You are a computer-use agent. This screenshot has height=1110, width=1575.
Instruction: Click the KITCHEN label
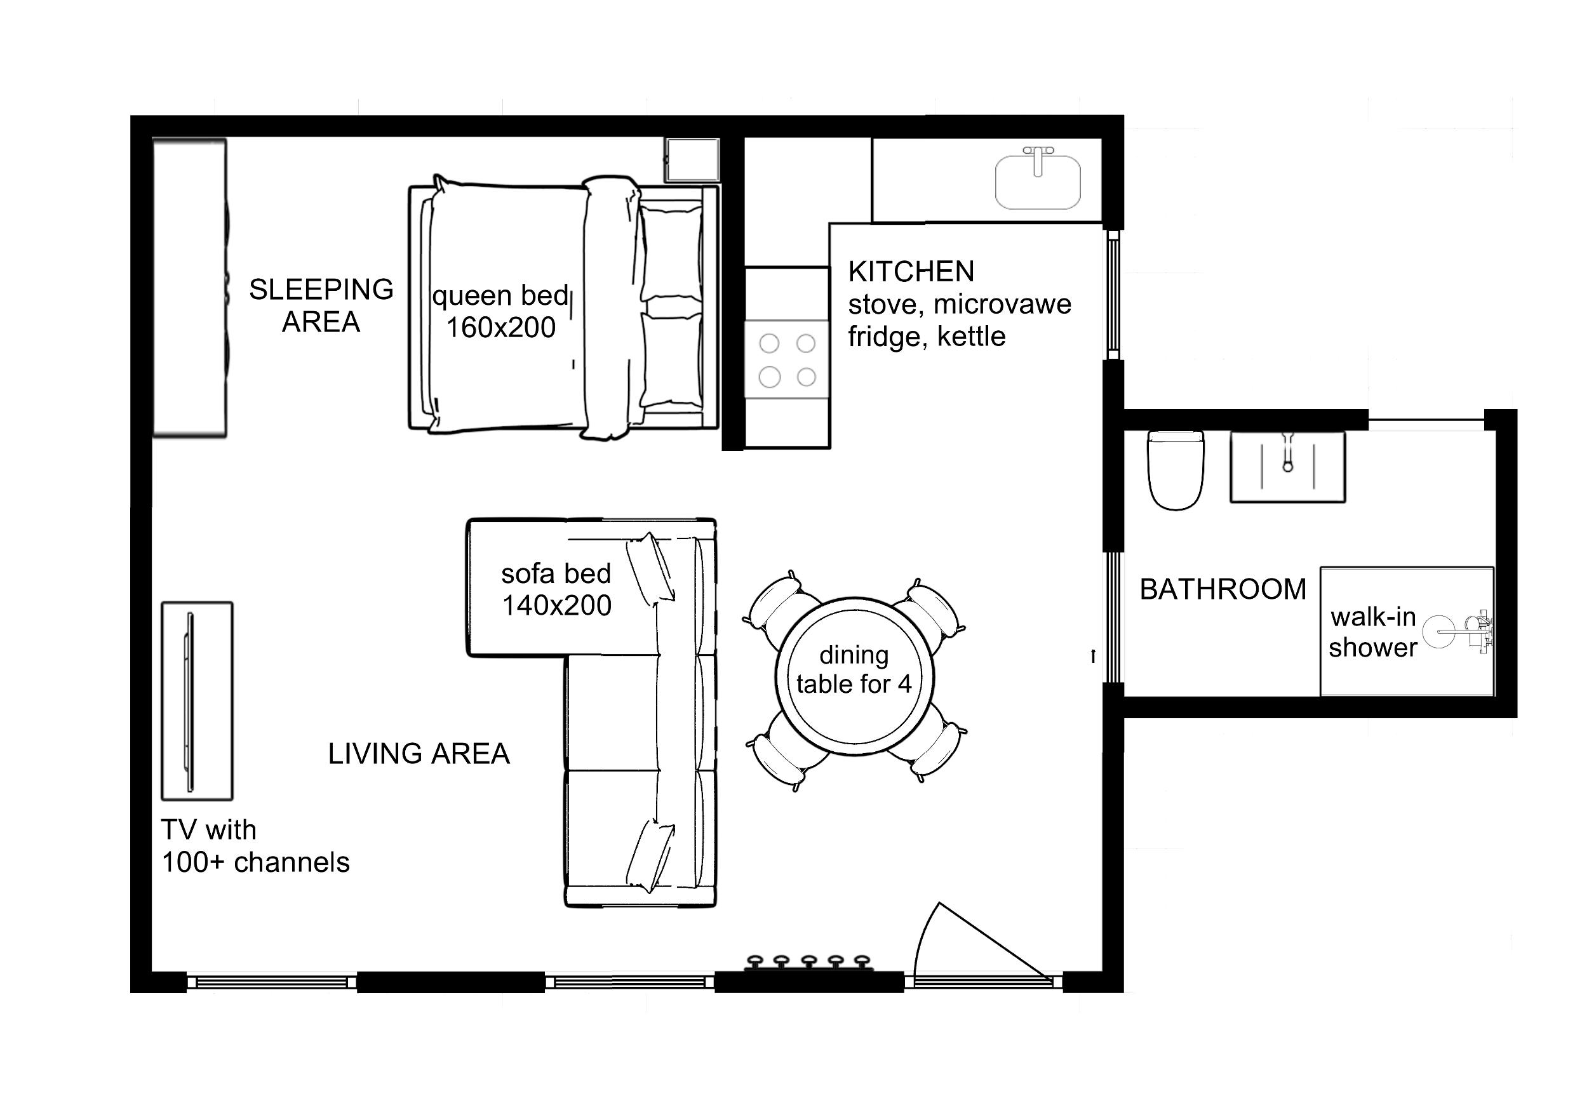pos(911,272)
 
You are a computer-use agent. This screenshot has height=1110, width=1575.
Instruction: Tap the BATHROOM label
pos(1223,589)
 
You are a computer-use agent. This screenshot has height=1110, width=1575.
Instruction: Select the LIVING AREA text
pos(419,754)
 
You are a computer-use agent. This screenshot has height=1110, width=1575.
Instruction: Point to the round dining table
pos(855,676)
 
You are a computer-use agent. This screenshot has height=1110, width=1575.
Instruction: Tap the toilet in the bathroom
pos(1176,470)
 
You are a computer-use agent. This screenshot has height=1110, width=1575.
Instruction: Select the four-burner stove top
pos(788,359)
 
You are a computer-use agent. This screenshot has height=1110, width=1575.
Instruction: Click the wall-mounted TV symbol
pos(189,701)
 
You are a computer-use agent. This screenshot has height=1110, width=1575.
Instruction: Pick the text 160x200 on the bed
pos(502,327)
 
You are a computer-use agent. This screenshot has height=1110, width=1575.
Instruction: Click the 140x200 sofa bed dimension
pos(557,605)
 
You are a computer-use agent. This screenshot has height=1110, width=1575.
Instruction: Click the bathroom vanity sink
pos(1287,467)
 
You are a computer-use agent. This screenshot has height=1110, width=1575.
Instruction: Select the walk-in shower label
pos(1373,632)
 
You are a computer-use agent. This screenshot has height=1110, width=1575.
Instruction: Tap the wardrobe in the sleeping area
pos(189,288)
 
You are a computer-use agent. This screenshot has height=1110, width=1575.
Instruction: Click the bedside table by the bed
pos(692,160)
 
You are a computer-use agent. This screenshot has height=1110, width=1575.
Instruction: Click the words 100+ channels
pos(256,862)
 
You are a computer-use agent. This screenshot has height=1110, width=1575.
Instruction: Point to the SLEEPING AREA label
pos(321,305)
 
